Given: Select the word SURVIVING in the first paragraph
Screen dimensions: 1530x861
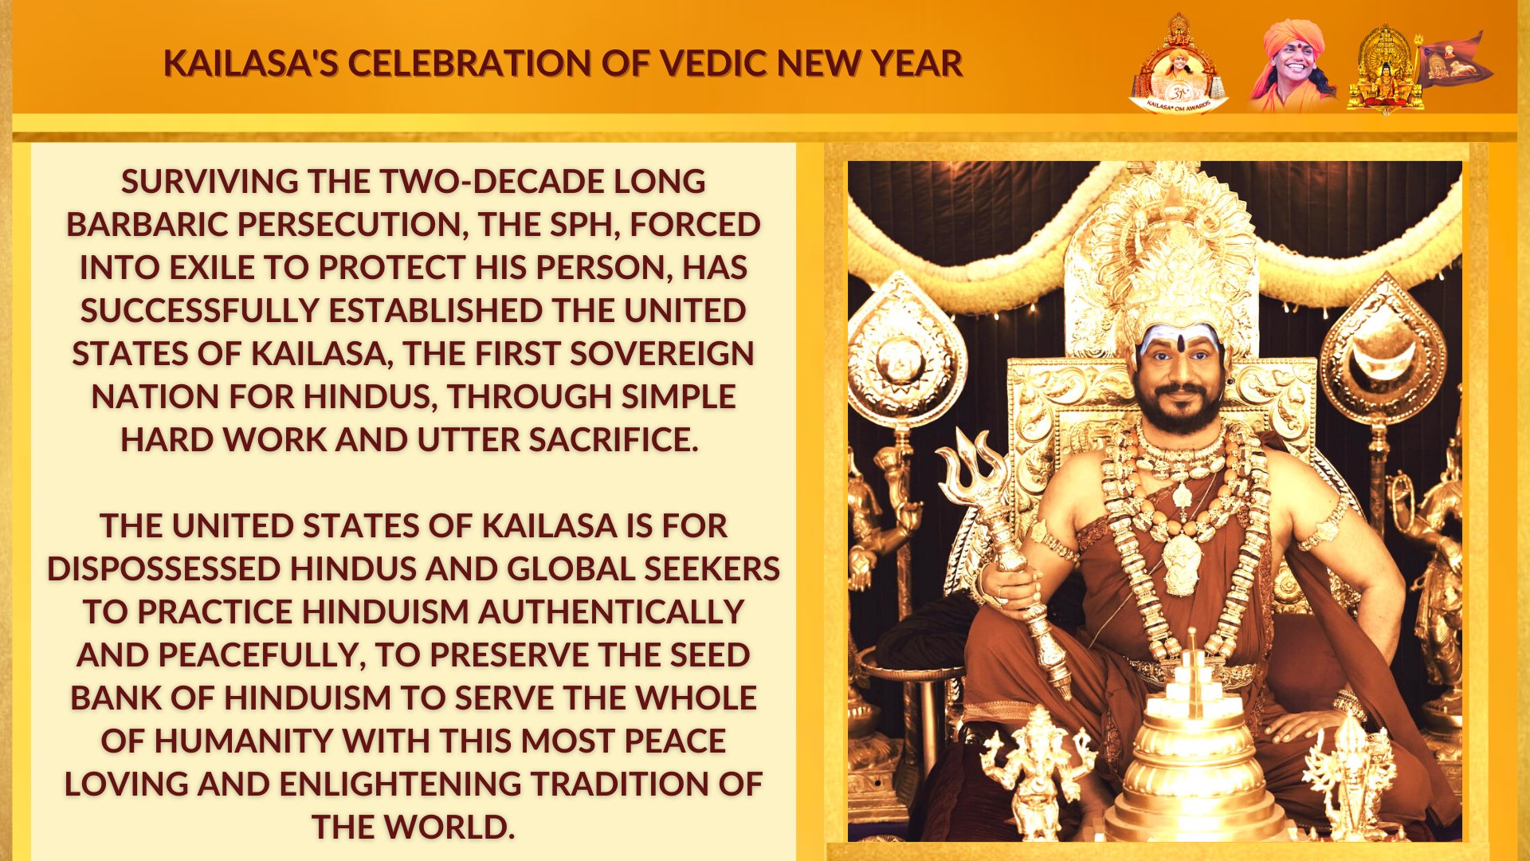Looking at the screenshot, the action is pos(210,182).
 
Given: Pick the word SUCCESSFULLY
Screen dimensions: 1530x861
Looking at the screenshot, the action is pos(200,311).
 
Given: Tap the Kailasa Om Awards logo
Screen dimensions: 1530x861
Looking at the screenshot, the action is pos(1179,64).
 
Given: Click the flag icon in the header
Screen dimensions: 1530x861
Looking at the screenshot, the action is pos(1455,59).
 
